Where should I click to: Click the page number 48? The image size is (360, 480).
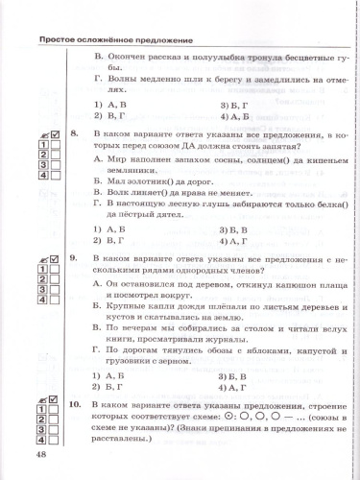point(40,454)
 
